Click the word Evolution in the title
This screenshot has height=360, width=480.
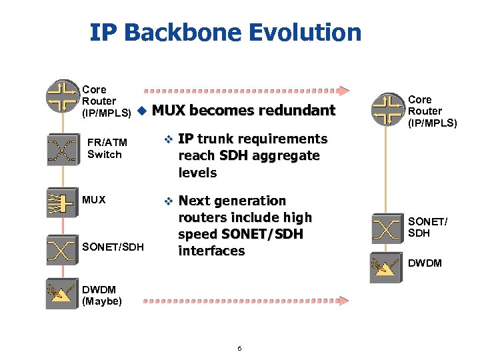tap(307, 32)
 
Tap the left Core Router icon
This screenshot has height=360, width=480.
tap(63, 96)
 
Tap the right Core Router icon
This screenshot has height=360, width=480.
tap(387, 109)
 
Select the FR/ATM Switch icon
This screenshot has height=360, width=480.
tap(62, 149)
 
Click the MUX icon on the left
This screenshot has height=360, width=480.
tap(62, 201)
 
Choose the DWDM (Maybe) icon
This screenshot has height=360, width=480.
tap(62, 294)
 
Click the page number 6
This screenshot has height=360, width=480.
tap(239, 349)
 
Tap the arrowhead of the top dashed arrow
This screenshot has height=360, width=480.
tap(343, 91)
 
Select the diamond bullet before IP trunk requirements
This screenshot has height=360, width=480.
tap(168, 139)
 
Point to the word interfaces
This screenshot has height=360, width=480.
tap(211, 251)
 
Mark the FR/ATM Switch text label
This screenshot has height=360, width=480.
tap(107, 149)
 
